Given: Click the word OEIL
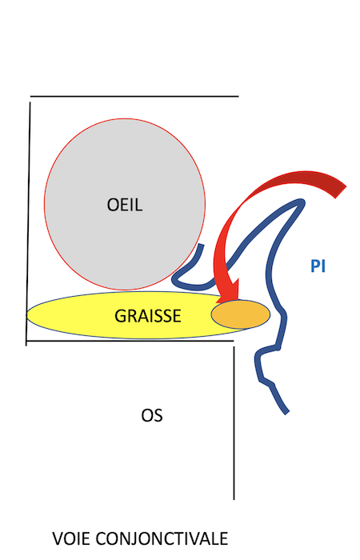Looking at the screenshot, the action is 125,205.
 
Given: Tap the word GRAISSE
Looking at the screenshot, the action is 148,316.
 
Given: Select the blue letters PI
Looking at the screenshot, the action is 318,266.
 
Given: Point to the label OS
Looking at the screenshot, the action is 152,415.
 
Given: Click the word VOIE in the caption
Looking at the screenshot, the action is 73,538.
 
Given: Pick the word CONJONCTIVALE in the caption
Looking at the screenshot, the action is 162,538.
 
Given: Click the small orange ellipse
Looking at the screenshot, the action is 240,314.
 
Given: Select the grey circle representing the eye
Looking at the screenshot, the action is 125,204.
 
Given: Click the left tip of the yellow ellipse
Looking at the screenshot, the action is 27,315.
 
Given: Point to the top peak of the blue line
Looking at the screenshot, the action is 301,202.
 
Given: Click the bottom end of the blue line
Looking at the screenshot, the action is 286,413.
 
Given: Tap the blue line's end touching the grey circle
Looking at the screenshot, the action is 202,246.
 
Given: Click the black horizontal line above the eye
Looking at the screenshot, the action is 134,96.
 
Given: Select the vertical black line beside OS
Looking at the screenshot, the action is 234,423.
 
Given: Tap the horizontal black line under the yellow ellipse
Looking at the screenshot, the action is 130,341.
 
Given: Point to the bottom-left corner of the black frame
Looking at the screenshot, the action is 26,341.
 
